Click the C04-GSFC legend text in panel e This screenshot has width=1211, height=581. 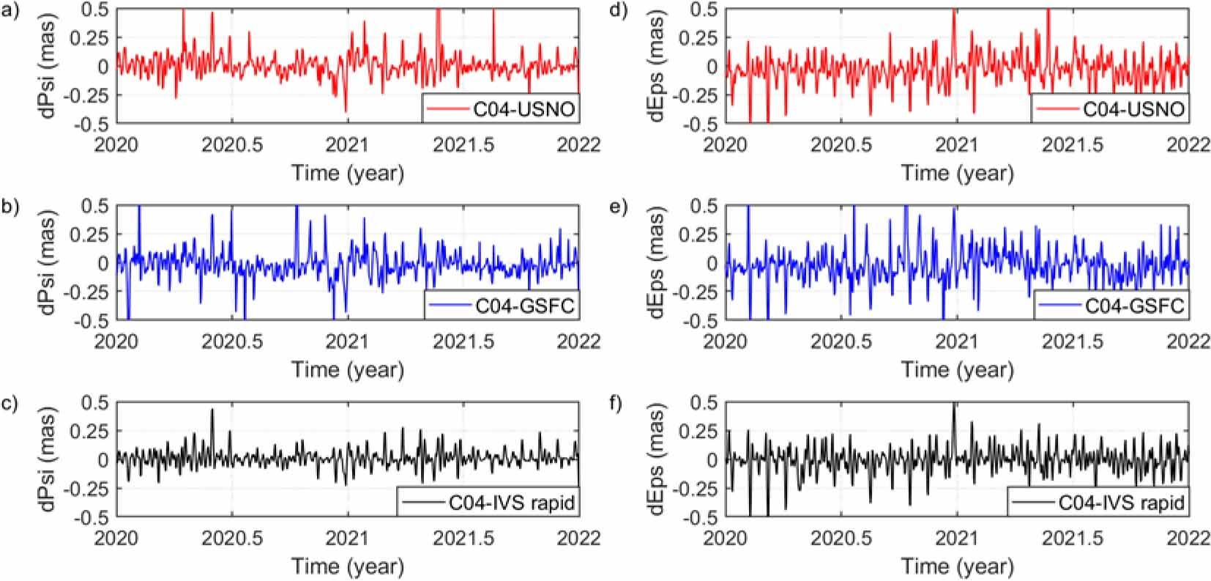pos(1141,306)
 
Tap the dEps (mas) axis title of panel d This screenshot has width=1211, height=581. pos(657,66)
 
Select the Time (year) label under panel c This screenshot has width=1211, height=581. pos(348,566)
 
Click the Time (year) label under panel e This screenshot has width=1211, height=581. pos(958,369)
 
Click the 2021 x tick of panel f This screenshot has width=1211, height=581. pos(956,537)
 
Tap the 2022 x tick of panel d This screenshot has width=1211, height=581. pos(1188,144)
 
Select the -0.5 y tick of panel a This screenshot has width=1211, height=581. pos(97,124)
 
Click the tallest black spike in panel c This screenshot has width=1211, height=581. pos(212,410)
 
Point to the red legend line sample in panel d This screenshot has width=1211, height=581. pos(1057,110)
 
